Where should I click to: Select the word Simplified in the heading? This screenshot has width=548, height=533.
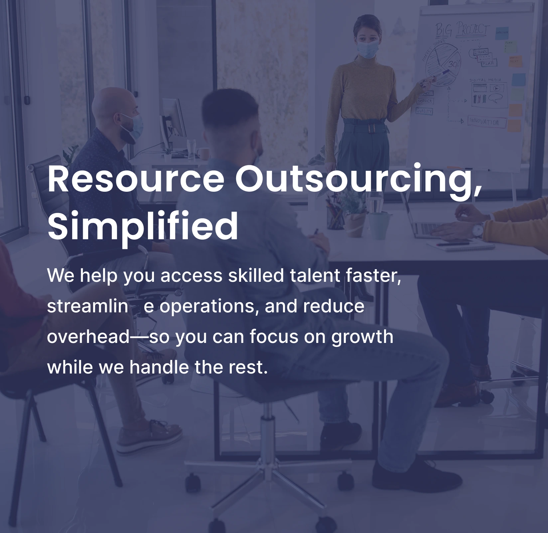pyautogui.click(x=143, y=226)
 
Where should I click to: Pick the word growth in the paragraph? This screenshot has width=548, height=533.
pyautogui.click(x=362, y=337)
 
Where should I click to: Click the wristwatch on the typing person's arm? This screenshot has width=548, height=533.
pyautogui.click(x=478, y=229)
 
